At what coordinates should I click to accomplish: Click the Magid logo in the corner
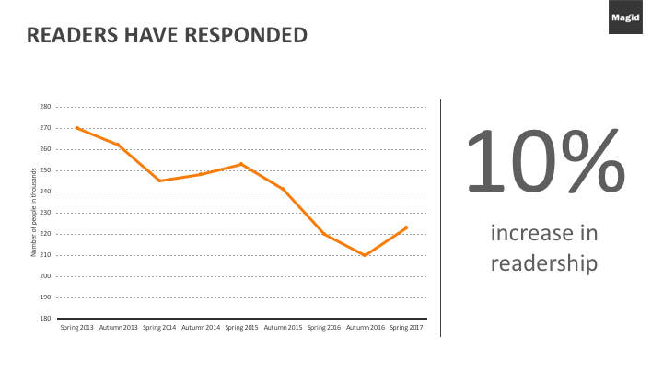coord(642,17)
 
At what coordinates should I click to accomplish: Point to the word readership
coord(544,263)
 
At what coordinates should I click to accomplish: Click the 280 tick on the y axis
coord(45,107)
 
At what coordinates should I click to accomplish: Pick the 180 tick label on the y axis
coord(45,319)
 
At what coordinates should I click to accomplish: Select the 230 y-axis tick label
coord(45,213)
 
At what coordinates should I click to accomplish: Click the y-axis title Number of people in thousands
coord(34,213)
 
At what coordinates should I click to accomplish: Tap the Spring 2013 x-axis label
coord(76,327)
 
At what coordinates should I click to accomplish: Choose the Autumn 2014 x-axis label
coord(200,327)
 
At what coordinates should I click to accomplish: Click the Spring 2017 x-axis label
coord(406,327)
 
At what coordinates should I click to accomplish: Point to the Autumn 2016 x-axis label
coord(365,327)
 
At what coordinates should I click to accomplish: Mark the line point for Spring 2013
coord(76,128)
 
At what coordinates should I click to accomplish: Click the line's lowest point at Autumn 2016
coord(365,255)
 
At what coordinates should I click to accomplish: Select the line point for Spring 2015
coord(241,164)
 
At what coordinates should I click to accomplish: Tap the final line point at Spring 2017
coord(406,227)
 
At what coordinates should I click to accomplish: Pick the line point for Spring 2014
coord(159,181)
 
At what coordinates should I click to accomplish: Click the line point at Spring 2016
coord(323,234)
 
